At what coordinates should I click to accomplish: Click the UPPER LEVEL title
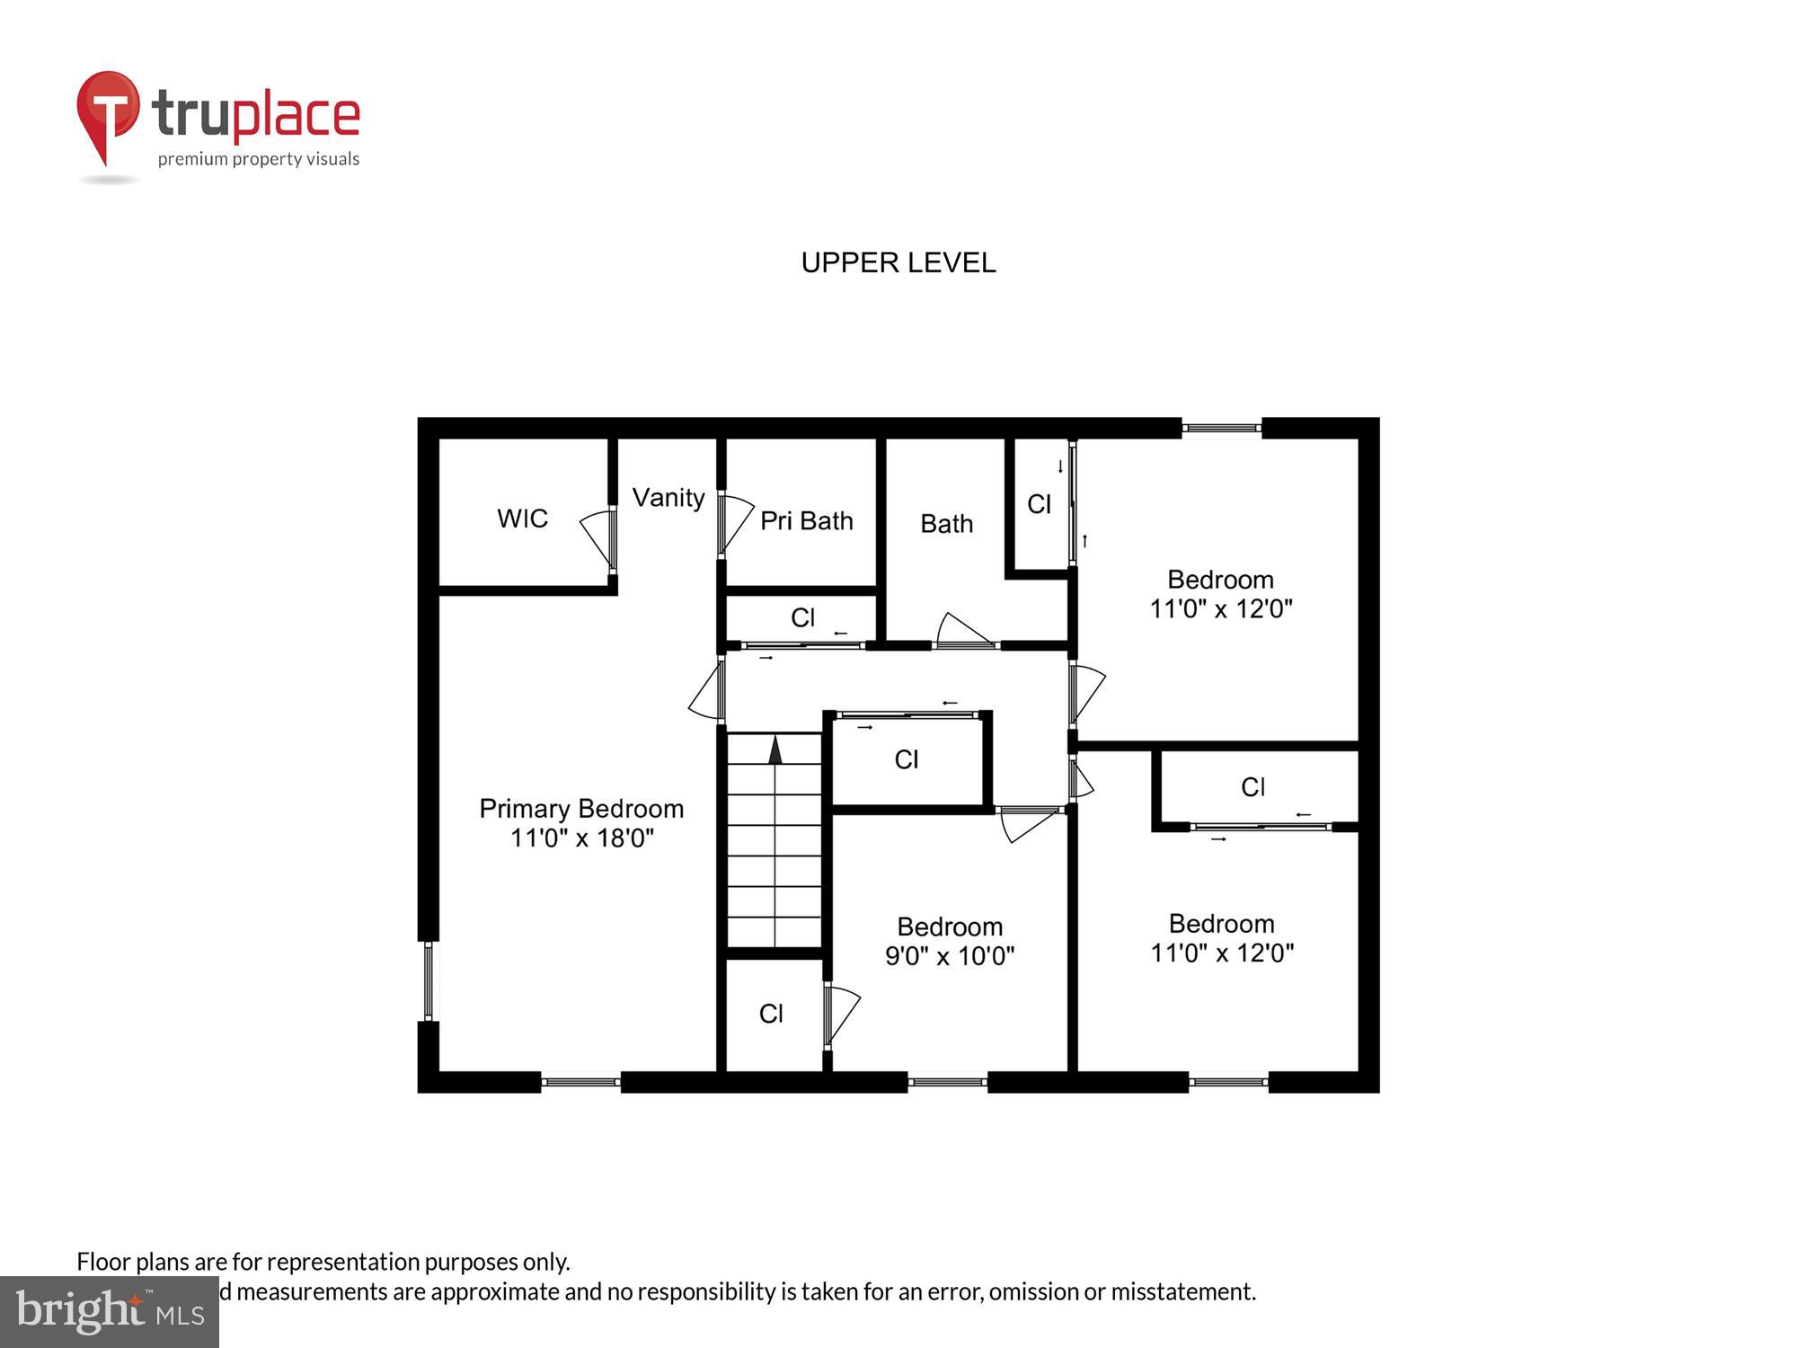click(898, 262)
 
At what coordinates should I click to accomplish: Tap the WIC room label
click(522, 519)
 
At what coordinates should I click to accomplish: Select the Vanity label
click(668, 498)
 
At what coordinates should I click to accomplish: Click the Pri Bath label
click(806, 521)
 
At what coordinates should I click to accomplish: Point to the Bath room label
click(946, 524)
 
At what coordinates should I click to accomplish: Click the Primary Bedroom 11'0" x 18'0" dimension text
click(581, 838)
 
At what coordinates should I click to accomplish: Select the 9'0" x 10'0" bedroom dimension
click(950, 956)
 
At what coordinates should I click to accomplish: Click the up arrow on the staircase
click(775, 750)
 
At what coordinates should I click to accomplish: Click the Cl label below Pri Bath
click(802, 617)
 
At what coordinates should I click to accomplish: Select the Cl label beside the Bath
click(1039, 505)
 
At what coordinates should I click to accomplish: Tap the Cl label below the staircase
click(771, 1014)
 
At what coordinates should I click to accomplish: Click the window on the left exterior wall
click(429, 980)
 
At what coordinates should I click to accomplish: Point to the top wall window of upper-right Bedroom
click(1221, 428)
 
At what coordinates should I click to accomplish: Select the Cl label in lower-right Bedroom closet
click(1253, 787)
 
